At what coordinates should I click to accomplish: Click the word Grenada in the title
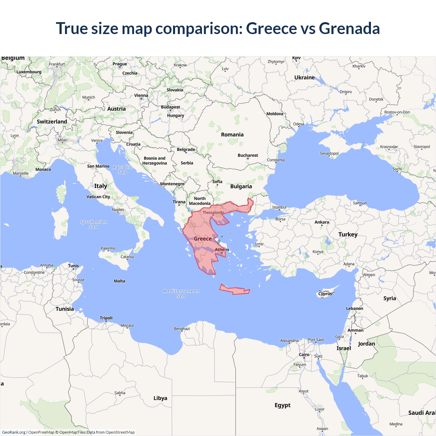coord(349,28)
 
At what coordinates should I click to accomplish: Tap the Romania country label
coord(232,135)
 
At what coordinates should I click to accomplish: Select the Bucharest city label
coord(248,155)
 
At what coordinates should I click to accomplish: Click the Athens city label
coord(222,250)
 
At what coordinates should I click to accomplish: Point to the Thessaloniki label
coord(213,213)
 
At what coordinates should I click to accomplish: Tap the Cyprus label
coord(325,294)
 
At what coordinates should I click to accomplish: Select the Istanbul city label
coord(279,207)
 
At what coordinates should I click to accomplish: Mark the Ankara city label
coord(322,222)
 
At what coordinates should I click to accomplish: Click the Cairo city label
coord(304,355)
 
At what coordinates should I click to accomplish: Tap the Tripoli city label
coord(106,318)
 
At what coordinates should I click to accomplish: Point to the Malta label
coord(120,281)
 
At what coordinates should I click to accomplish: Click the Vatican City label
coord(98,197)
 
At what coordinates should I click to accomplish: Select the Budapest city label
coord(170,107)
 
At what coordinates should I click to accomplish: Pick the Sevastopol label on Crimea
coord(329,153)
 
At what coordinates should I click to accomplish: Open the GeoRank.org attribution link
coord(14,432)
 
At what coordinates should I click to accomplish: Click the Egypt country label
coord(282,405)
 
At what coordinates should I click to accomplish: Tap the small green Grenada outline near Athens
coord(219,242)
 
